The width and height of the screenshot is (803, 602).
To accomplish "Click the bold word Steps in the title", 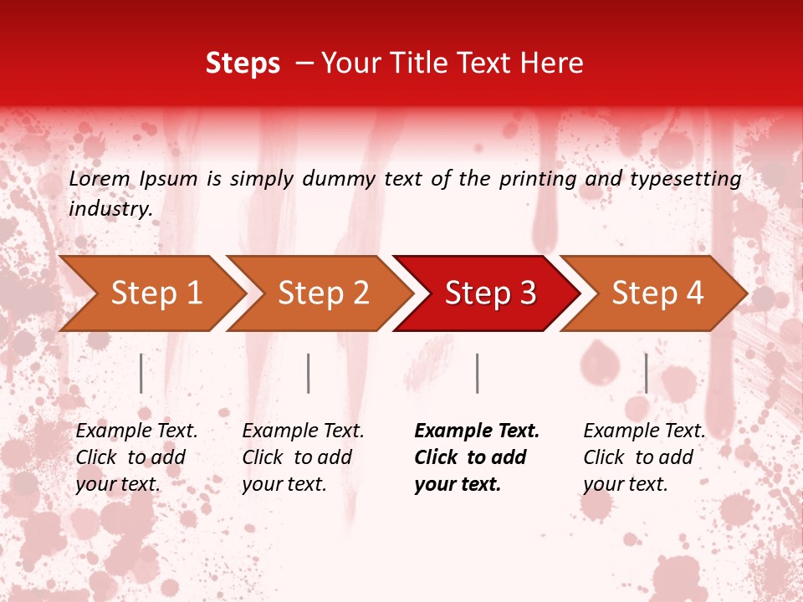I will coord(243,64).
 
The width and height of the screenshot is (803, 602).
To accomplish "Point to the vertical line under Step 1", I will coord(141,373).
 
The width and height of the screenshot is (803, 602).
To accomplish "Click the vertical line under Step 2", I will coord(309,373).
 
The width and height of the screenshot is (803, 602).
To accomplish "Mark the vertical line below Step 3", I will coord(478,373).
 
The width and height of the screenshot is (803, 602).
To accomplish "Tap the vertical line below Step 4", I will coord(647,373).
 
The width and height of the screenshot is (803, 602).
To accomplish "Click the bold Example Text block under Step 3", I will coord(477,457).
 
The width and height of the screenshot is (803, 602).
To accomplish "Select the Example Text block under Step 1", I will coord(136,457).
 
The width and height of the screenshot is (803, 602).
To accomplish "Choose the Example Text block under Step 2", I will coord(303,457).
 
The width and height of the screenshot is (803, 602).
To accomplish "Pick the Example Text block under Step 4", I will coord(644,457).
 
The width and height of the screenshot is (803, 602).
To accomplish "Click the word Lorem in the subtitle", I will coord(100,179).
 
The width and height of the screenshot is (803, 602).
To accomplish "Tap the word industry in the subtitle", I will coord(110,209).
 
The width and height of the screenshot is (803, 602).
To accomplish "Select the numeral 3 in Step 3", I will coord(526,293).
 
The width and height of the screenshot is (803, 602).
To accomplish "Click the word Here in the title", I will coord(556,64).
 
